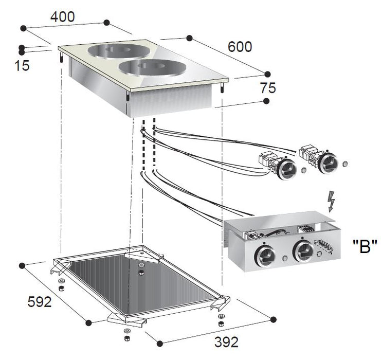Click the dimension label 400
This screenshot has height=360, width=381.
coord(62,17)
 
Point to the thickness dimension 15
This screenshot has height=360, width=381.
coord(22,66)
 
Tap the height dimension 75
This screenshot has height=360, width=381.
coord(267,88)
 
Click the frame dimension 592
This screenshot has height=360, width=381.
coord(40,302)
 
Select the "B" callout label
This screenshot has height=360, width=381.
coord(365,246)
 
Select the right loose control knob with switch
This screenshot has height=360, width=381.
coord(328,162)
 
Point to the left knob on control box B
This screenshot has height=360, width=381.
coord(265,255)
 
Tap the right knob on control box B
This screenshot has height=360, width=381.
coord(303,251)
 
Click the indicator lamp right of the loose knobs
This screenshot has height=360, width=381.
coord(344,163)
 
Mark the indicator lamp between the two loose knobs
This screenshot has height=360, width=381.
coord(304,170)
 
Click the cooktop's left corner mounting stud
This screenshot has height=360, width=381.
coord(62,58)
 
